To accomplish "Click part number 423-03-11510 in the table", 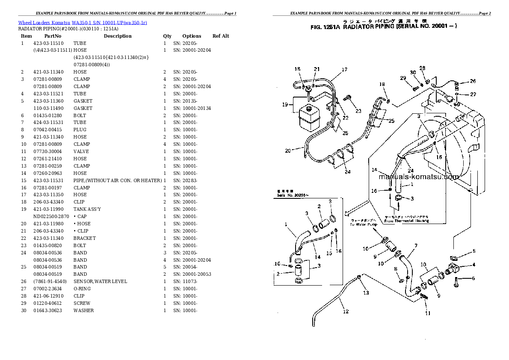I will pyautogui.click(x=48, y=43).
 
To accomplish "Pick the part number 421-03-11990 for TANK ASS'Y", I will pyautogui.click(x=48, y=209).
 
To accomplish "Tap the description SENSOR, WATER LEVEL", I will pyautogui.click(x=100, y=281).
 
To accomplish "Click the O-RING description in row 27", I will pyautogui.click(x=82, y=289).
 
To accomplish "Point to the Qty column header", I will pyautogui.click(x=167, y=36).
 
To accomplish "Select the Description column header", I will pyautogui.click(x=118, y=36).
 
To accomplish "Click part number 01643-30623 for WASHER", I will pyautogui.click(x=48, y=310).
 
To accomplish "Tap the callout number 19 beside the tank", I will pyautogui.click(x=285, y=104).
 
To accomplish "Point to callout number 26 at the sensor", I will pyautogui.click(x=472, y=81).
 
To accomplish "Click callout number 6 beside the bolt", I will pyautogui.click(x=473, y=278).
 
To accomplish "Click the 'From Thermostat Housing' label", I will pyautogui.click(x=406, y=221).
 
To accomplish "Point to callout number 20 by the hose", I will pyautogui.click(x=288, y=150).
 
